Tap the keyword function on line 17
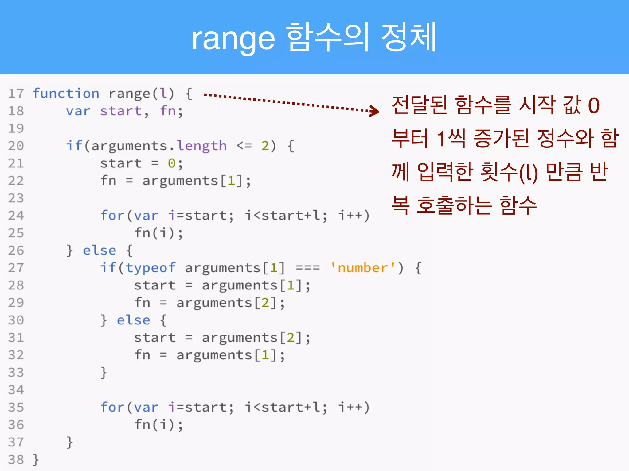pyautogui.click(x=66, y=93)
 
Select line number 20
pyautogui.click(x=16, y=146)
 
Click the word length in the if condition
pyautogui.click(x=201, y=146)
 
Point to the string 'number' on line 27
pyautogui.click(x=363, y=268)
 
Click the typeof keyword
pyautogui.click(x=150, y=268)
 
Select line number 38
pyautogui.click(x=16, y=460)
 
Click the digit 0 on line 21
pyautogui.click(x=171, y=163)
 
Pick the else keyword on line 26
pyautogui.click(x=100, y=250)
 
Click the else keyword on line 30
pyautogui.click(x=133, y=320)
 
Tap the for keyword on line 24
pyautogui.click(x=112, y=215)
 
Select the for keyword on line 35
pyautogui.click(x=112, y=407)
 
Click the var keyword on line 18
pyautogui.click(x=78, y=111)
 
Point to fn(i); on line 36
pyautogui.click(x=158, y=425)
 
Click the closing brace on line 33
pyautogui.click(x=104, y=373)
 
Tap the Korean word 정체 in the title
pyautogui.click(x=408, y=37)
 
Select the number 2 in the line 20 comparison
pyautogui.click(x=265, y=146)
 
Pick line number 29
pyautogui.click(x=16, y=303)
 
